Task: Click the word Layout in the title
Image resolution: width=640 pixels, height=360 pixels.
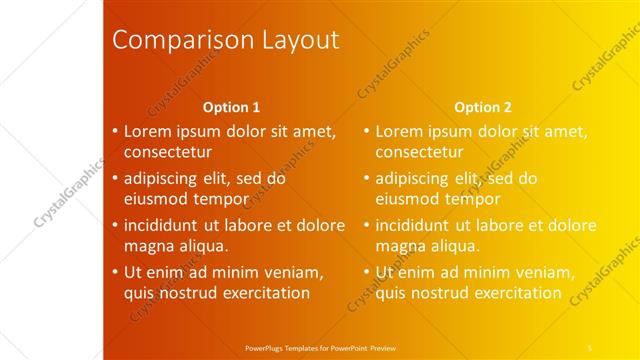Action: (299, 41)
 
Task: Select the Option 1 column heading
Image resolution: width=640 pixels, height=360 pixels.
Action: (231, 107)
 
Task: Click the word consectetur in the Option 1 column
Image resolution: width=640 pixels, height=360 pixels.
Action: (168, 153)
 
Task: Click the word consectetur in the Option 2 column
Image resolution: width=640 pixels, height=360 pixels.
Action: (419, 153)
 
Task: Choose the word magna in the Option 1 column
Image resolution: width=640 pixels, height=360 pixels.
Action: (148, 246)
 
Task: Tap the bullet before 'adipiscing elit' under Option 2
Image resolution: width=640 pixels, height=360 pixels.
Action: (366, 179)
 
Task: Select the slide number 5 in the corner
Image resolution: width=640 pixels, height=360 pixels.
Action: (590, 347)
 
